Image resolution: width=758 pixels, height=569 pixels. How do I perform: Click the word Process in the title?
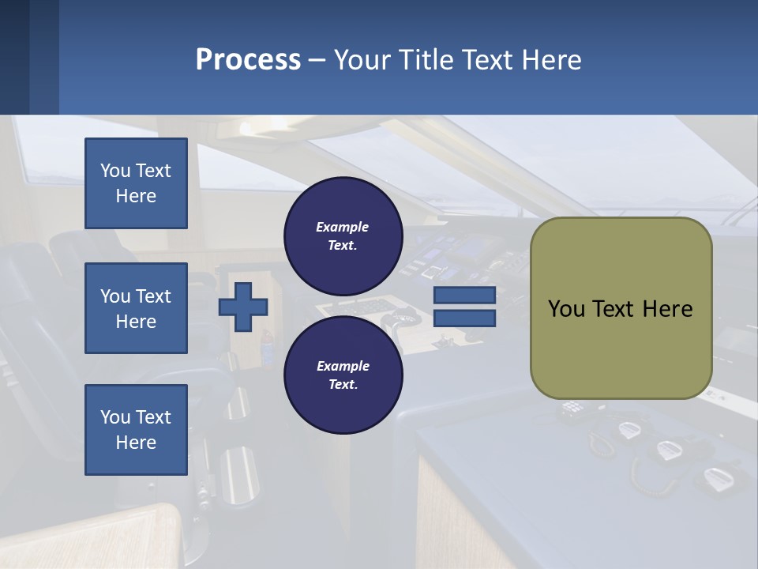[248, 60]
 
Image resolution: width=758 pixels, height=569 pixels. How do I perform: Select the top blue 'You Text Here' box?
[136, 183]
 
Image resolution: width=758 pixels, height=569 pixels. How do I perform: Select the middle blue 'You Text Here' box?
[136, 308]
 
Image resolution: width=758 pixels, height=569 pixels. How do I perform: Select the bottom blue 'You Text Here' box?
[136, 430]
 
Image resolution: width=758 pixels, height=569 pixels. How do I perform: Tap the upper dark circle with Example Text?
[343, 236]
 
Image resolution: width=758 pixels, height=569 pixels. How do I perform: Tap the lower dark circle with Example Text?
[343, 375]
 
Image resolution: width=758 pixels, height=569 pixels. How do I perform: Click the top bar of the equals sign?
[464, 296]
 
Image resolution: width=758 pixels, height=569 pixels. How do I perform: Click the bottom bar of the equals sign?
[464, 318]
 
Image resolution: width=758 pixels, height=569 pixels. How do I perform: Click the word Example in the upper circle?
[343, 227]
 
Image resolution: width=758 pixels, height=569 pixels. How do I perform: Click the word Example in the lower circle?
[343, 366]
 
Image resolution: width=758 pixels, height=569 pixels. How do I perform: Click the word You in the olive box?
[566, 309]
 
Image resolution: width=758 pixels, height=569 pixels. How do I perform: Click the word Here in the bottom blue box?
[136, 443]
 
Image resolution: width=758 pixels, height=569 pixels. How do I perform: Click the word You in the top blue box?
[115, 171]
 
